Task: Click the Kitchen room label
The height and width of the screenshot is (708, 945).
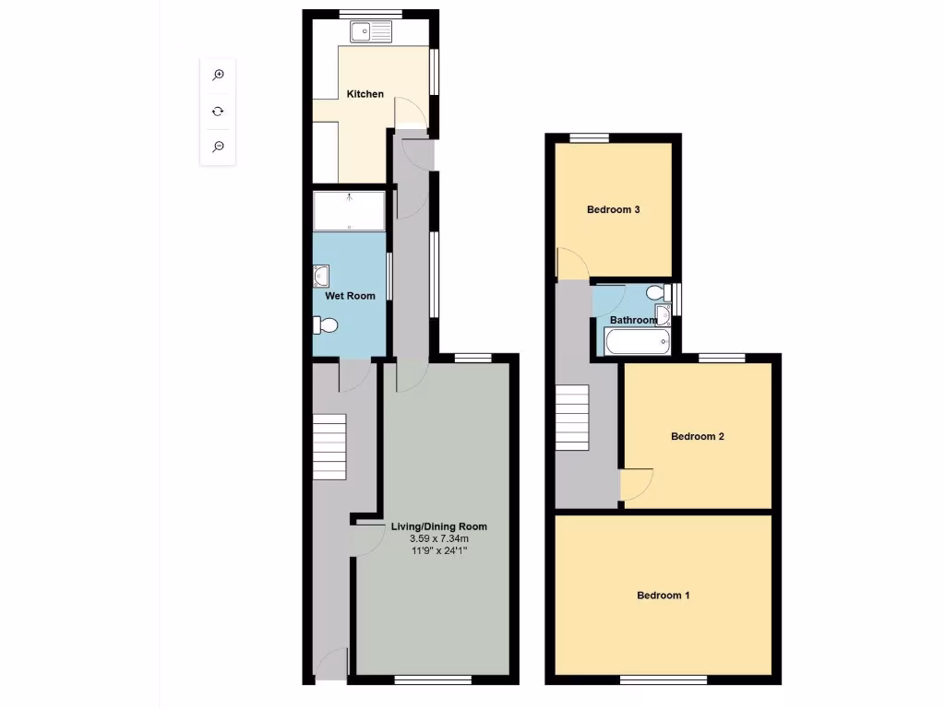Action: tap(365, 94)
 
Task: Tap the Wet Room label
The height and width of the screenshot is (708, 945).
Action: tap(349, 296)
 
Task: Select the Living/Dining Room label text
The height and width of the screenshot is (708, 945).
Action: tap(438, 526)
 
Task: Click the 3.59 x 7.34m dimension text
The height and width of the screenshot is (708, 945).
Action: tap(438, 538)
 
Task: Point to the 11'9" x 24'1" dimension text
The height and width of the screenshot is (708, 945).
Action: tap(438, 550)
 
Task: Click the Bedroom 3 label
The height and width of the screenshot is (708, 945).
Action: tap(613, 209)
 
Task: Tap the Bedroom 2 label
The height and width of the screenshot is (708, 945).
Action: tap(697, 436)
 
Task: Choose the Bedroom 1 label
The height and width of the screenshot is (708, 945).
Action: tap(663, 596)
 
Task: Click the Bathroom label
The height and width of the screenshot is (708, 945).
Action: tap(633, 320)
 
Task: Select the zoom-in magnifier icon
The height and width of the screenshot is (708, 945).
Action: tap(218, 75)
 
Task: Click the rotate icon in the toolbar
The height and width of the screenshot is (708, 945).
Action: tap(218, 111)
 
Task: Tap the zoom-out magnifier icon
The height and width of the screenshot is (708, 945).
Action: tap(218, 147)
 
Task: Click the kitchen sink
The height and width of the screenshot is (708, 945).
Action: tap(372, 32)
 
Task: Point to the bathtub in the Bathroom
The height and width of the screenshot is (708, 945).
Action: tap(637, 343)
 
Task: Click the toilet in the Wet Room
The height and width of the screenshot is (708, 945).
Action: tap(327, 324)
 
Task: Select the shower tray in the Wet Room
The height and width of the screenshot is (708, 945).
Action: tap(349, 211)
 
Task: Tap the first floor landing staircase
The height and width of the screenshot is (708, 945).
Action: tap(572, 418)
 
